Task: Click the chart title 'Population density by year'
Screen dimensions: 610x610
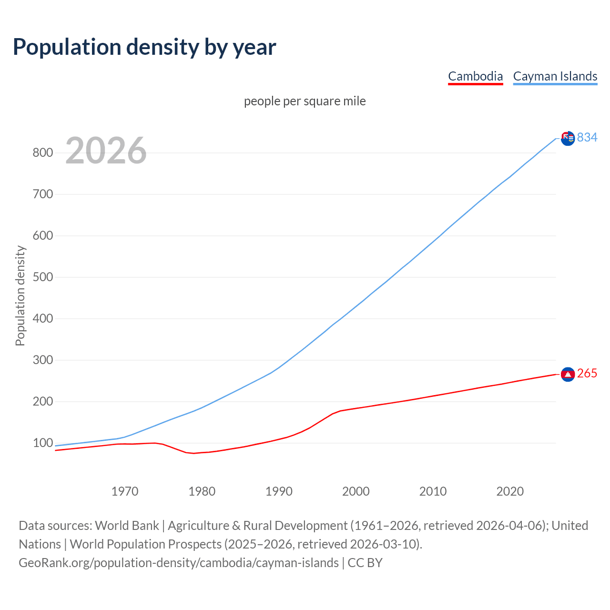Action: pos(144,47)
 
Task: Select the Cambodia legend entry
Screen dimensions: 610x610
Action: pos(475,76)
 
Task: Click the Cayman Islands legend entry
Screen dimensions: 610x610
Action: pos(555,76)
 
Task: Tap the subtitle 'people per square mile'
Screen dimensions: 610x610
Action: pos(305,101)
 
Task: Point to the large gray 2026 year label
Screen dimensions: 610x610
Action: pos(106,151)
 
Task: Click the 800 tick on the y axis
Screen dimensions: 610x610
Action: pos(42,153)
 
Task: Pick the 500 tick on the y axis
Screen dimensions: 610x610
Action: pos(42,277)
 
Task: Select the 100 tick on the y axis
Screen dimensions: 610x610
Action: pos(42,443)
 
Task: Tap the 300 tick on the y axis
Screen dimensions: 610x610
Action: pos(42,360)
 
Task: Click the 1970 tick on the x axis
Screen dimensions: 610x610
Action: pos(125,491)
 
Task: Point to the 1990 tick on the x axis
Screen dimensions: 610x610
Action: pos(279,491)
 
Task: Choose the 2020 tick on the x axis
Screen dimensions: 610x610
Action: pos(510,491)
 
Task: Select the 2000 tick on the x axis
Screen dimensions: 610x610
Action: pos(356,491)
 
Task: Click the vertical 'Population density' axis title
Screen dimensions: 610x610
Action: pos(20,295)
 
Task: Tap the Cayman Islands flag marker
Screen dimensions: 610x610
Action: pos(568,138)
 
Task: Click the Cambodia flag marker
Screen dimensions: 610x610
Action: pos(568,375)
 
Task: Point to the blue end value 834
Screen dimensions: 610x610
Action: pos(587,137)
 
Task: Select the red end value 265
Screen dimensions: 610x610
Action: pos(587,374)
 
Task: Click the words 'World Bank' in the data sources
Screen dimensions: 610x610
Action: pos(127,526)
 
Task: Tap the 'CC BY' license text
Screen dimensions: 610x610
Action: pos(365,563)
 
